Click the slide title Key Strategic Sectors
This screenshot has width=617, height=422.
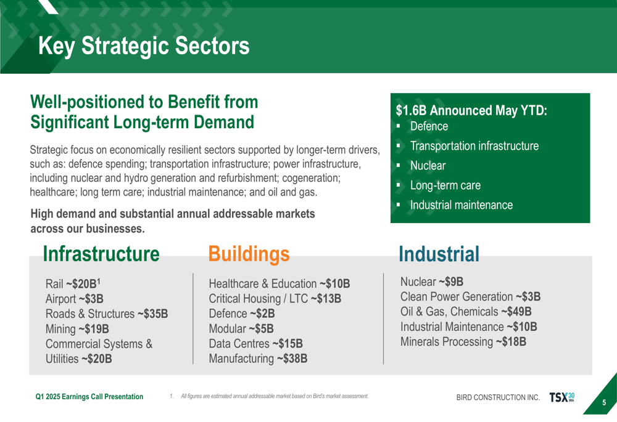(144, 46)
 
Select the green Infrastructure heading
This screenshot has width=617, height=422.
(101, 254)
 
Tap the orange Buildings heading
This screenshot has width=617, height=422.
(249, 254)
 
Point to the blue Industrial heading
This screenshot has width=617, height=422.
(439, 254)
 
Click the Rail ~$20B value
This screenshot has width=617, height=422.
(73, 283)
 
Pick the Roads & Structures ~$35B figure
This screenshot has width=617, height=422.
(107, 314)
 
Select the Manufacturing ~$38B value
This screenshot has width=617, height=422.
(258, 359)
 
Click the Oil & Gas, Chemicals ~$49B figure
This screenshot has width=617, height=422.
(466, 312)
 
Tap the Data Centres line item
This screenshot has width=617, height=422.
(256, 343)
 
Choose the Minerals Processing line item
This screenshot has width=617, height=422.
(463, 342)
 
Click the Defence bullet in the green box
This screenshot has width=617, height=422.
(429, 126)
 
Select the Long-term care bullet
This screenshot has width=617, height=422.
(445, 185)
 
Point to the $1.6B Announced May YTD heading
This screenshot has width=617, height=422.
(471, 110)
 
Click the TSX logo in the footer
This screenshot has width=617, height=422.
(562, 397)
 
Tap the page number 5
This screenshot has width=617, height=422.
(604, 402)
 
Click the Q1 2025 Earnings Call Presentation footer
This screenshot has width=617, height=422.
(89, 397)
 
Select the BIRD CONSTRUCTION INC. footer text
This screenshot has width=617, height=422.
(498, 397)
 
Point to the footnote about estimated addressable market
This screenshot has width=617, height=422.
(269, 396)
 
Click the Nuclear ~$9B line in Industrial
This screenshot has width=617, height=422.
(432, 282)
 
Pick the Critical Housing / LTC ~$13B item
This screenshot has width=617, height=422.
(275, 299)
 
